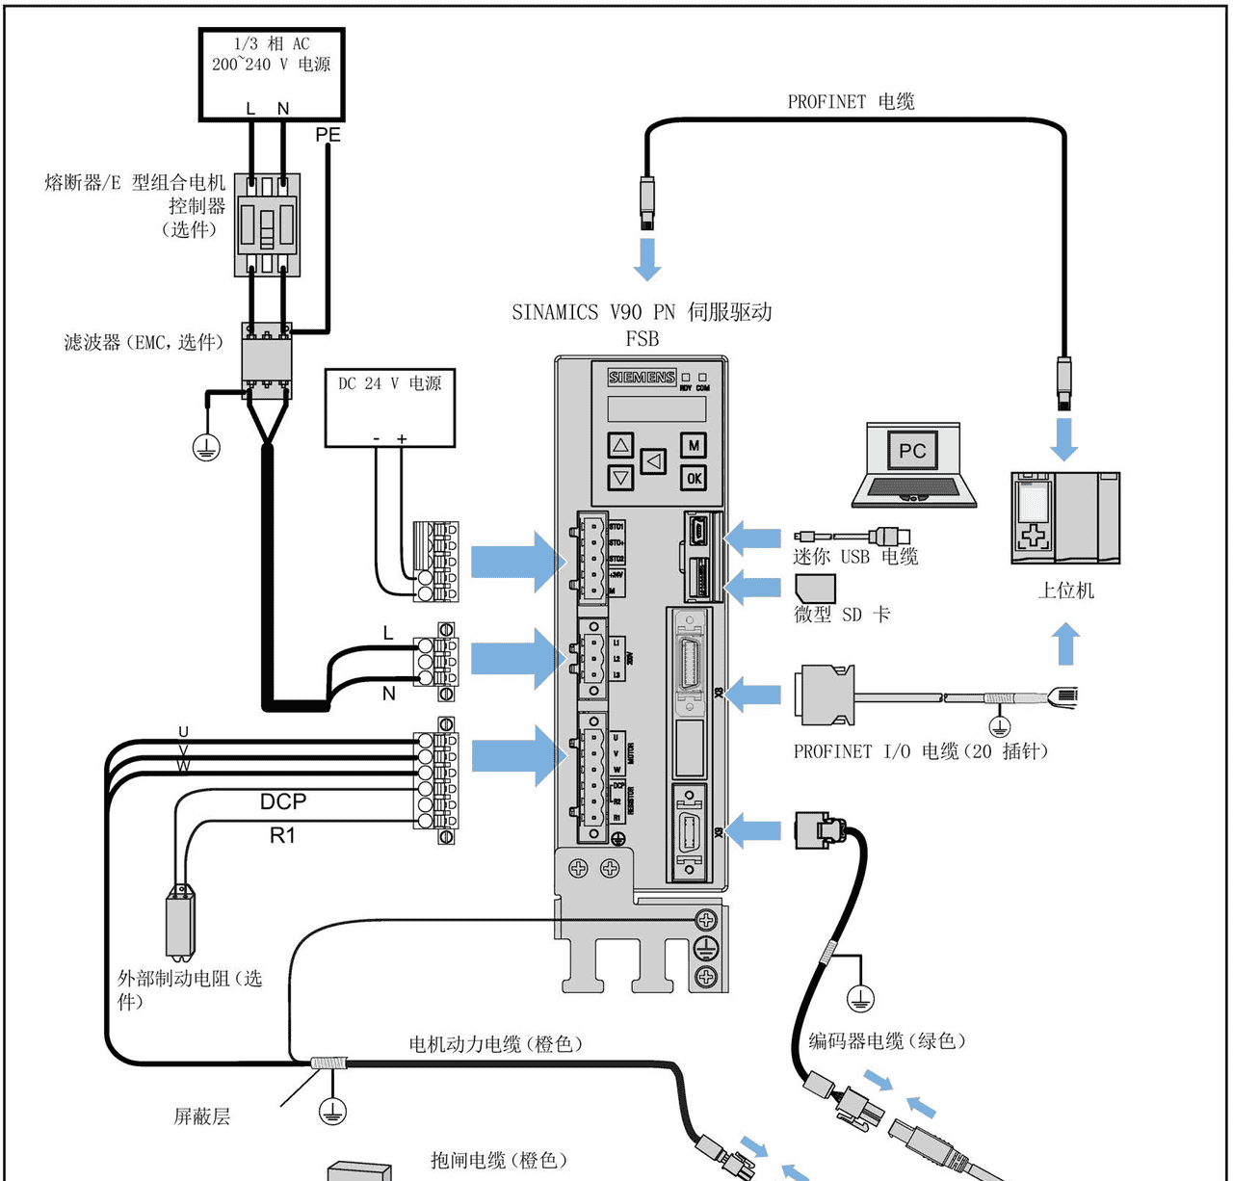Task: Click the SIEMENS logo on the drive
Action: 642,378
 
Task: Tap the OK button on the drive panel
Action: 694,478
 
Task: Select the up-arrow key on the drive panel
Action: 621,445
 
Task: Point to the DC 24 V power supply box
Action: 390,407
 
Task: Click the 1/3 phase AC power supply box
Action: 272,74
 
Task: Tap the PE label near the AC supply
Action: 328,135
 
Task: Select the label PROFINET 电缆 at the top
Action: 851,101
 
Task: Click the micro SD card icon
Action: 815,588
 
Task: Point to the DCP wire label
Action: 283,801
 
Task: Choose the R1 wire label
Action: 282,835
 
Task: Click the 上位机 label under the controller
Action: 1065,590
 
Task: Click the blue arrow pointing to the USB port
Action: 753,538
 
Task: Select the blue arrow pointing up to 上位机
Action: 1065,643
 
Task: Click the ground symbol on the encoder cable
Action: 860,998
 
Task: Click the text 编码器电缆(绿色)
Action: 886,1040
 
